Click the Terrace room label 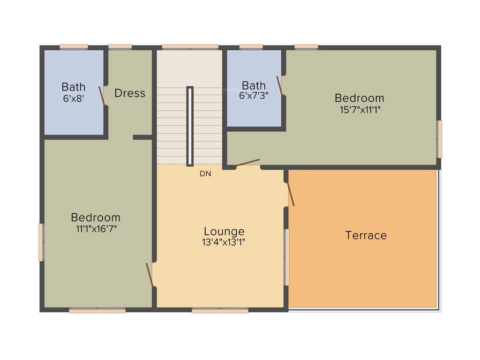[366, 235]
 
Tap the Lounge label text [224, 231]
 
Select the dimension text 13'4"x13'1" [224, 242]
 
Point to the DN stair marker [205, 173]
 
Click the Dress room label [130, 93]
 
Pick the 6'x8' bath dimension [74, 98]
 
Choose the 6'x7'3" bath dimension [254, 95]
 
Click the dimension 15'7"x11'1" [360, 110]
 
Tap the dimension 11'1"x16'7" [96, 229]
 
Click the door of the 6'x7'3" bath [280, 86]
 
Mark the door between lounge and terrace [290, 194]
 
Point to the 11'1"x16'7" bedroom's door [150, 275]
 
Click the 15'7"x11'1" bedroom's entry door [247, 163]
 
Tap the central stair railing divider [190, 126]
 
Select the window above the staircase [190, 46]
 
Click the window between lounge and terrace [287, 257]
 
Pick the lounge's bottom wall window [220, 310]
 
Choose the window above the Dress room [120, 46]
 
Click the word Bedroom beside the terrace [360, 98]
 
